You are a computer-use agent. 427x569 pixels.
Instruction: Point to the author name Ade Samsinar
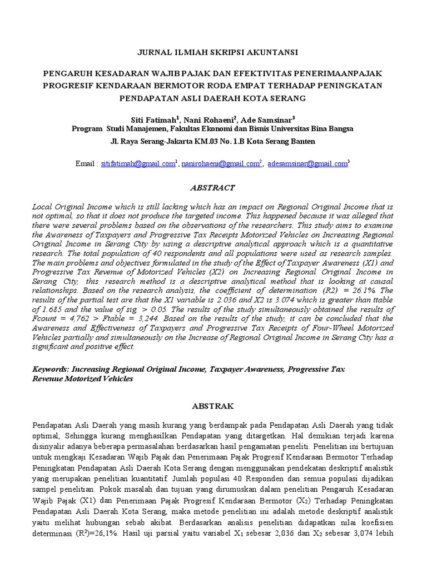(270, 119)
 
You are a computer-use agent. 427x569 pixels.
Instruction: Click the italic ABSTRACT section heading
(213, 188)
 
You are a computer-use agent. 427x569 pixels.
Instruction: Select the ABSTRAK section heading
(213, 406)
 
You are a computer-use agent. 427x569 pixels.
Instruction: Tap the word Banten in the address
(303, 141)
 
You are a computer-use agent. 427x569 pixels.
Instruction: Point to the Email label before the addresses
(85, 164)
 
